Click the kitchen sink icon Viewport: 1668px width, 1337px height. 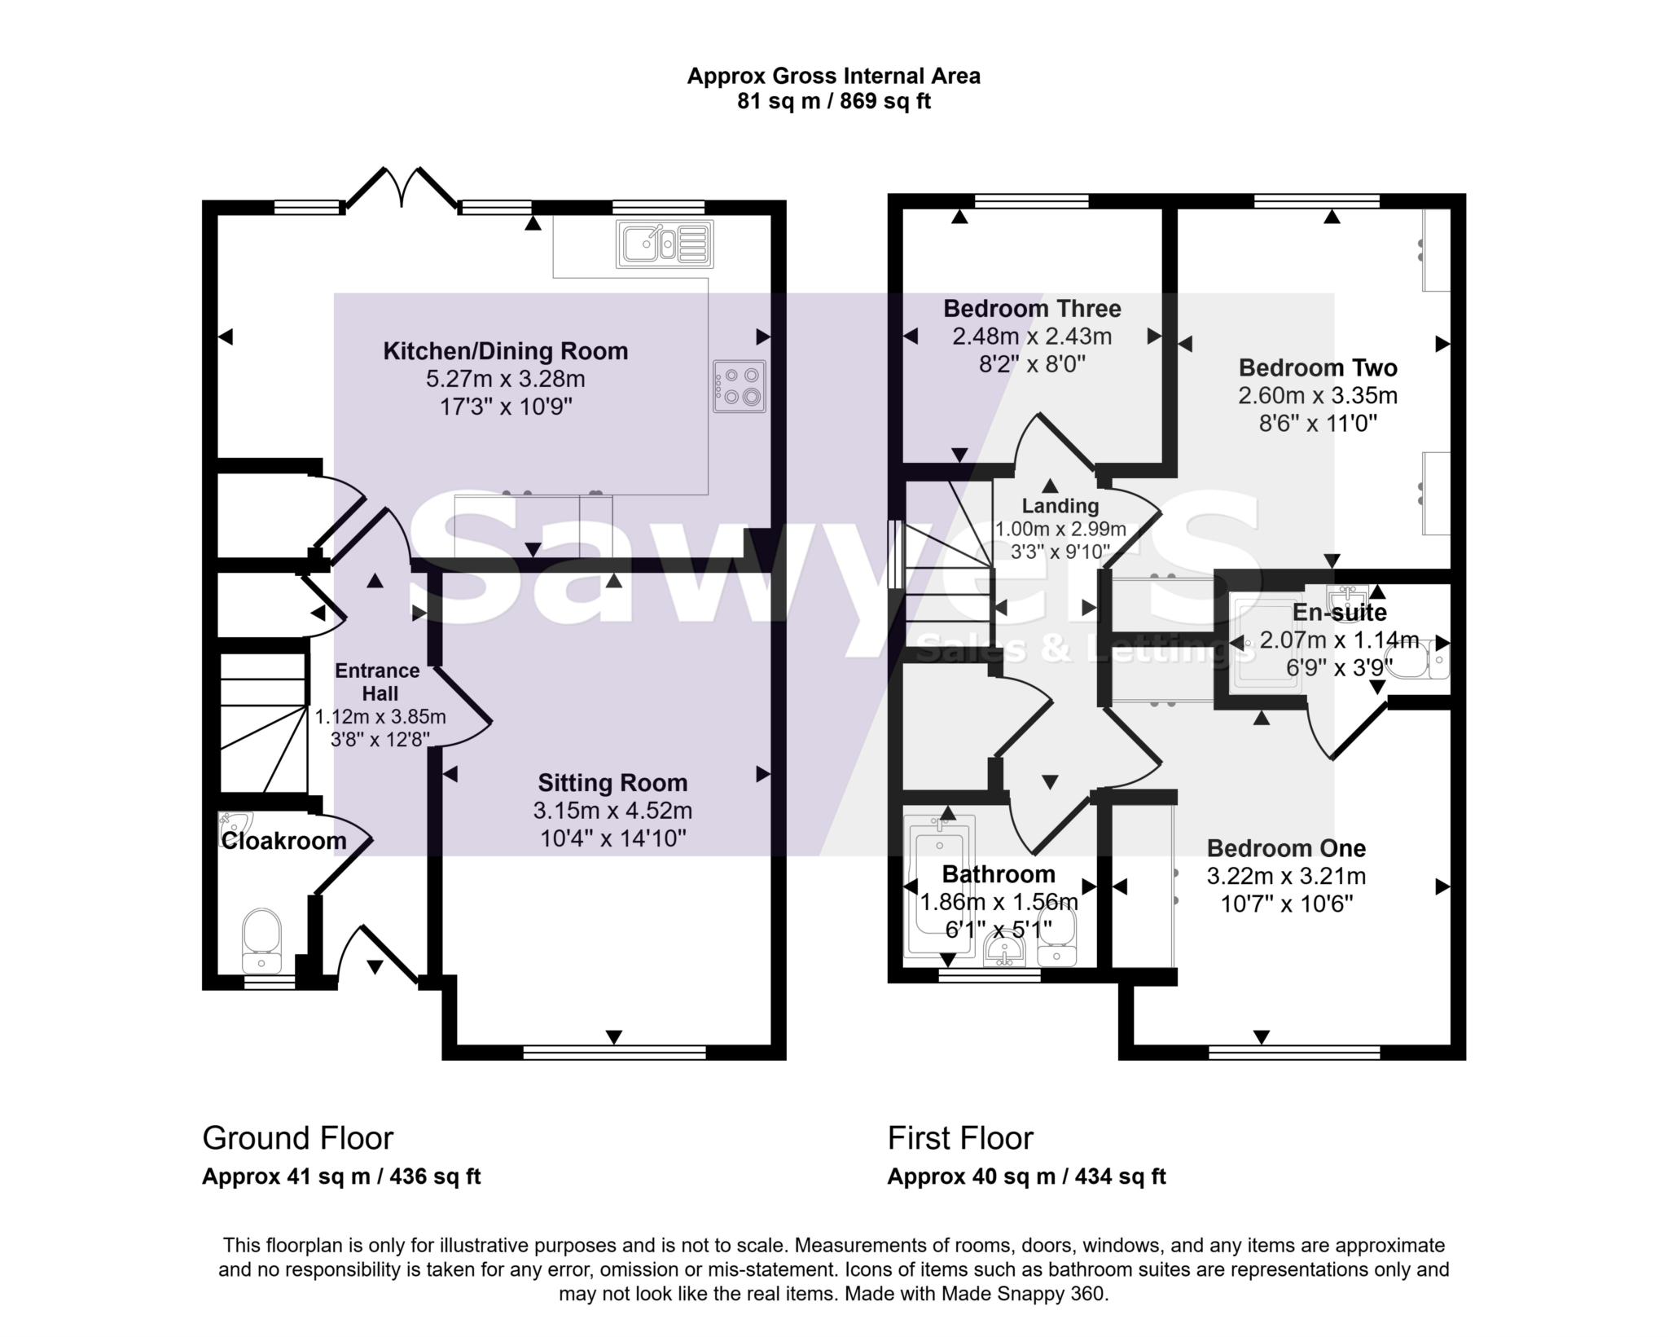[x=665, y=244]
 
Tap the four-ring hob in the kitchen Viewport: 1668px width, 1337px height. [x=739, y=386]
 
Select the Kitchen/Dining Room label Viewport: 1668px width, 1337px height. [x=506, y=351]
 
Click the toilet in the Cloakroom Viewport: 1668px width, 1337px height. [x=261, y=942]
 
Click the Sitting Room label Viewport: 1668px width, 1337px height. [x=612, y=783]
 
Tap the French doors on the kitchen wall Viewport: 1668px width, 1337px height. [x=400, y=189]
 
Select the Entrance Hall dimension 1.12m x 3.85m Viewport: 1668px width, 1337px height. [x=380, y=717]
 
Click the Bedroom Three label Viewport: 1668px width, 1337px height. [x=1032, y=309]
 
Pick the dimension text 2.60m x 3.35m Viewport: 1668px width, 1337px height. [x=1317, y=396]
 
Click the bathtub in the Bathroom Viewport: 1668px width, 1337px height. [x=941, y=888]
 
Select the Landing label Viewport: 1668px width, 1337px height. [x=1060, y=506]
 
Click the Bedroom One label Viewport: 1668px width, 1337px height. [x=1285, y=848]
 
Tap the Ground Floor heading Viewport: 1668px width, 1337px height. [x=297, y=1138]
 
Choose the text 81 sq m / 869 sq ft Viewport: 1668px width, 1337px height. [x=833, y=102]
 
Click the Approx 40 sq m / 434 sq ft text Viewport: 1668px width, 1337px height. [x=1026, y=1176]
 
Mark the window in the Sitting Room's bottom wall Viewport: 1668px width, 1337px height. [x=614, y=1053]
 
